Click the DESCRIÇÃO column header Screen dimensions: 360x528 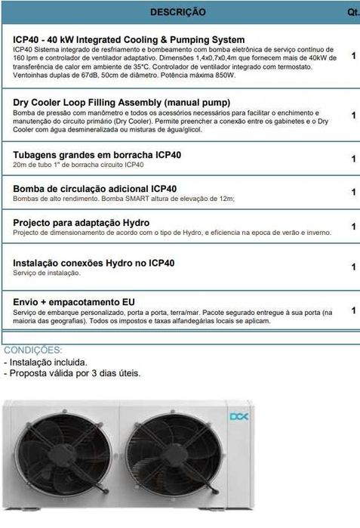point(177,12)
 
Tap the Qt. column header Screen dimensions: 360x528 point(352,12)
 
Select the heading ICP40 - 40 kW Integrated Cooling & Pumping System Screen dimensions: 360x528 point(129,39)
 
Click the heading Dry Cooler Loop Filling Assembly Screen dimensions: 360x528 point(122,102)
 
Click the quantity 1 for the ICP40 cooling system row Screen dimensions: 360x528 point(354,56)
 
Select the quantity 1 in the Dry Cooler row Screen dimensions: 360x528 point(354,116)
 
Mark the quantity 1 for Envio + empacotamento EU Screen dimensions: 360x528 point(354,310)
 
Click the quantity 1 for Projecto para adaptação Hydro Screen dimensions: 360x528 point(354,227)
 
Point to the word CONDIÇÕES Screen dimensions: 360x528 point(34,350)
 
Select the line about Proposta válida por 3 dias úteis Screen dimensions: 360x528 point(72,373)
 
